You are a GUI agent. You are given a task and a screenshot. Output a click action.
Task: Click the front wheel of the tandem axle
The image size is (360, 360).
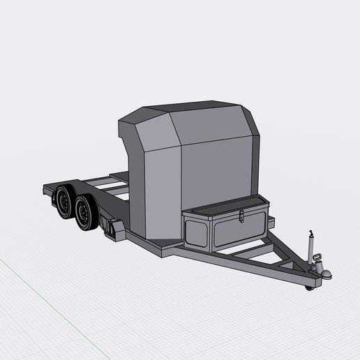86,213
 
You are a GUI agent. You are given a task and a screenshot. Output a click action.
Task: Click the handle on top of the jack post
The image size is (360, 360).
308,232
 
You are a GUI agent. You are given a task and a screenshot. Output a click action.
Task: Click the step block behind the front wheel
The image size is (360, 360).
111,228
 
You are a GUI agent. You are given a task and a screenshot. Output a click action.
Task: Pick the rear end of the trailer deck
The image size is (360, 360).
47,187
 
